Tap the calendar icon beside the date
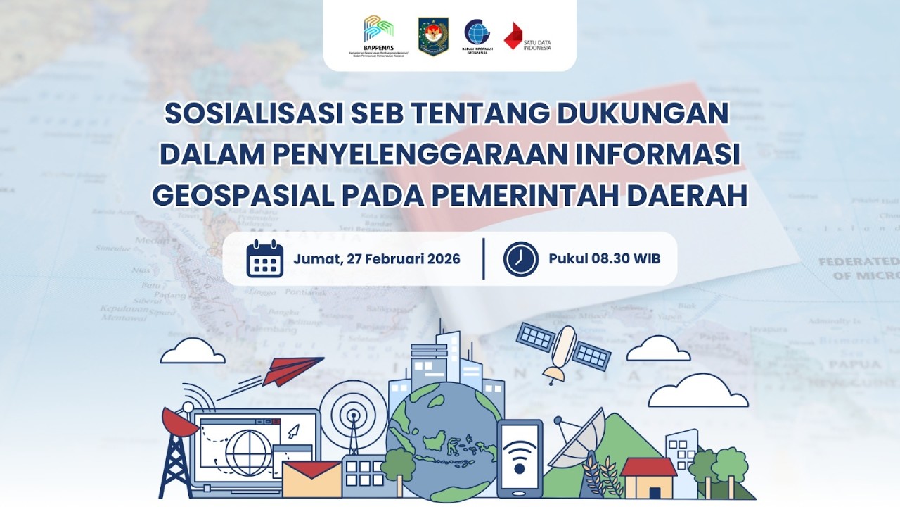pos(265,258)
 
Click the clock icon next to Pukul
pos(521,258)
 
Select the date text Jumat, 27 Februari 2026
pos(377,258)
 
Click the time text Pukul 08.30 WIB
pos(604,258)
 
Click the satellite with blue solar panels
pos(562,349)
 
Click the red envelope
pos(311,480)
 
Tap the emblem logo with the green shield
pos(433,36)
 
